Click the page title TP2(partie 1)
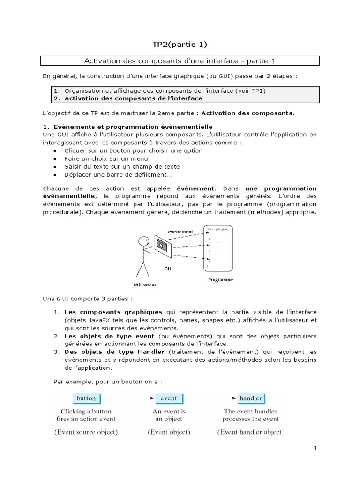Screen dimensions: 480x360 (x=180, y=45)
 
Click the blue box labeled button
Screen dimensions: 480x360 (x=86, y=398)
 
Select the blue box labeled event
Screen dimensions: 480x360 (x=169, y=398)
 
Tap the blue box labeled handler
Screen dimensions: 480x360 (x=251, y=398)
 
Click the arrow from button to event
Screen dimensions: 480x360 (x=127, y=398)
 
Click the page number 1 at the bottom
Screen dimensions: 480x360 (x=315, y=448)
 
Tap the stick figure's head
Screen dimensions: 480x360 (x=143, y=242)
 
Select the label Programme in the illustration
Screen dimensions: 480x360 (x=220, y=280)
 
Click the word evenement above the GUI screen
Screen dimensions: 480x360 (x=180, y=232)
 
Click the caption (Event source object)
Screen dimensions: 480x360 (x=86, y=432)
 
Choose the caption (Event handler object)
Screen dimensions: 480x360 (x=250, y=432)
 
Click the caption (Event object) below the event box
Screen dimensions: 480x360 (x=169, y=432)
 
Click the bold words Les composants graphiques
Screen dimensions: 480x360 (x=113, y=312)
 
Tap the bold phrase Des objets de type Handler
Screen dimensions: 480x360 (x=114, y=352)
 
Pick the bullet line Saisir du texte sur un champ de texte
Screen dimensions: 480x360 (x=122, y=166)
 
